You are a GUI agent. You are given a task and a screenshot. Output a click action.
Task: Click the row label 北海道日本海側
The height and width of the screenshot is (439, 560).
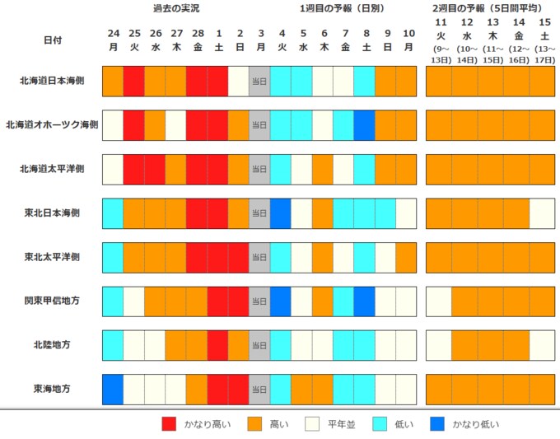[x=52, y=81]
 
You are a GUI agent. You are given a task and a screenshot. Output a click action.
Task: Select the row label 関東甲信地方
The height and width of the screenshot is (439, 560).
[x=52, y=301]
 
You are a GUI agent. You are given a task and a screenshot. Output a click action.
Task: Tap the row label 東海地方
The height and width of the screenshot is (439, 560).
[x=52, y=389]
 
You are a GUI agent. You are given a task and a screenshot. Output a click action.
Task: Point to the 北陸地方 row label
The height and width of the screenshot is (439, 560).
[x=52, y=345]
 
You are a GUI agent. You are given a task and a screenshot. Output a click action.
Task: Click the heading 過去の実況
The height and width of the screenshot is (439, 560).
[x=176, y=8]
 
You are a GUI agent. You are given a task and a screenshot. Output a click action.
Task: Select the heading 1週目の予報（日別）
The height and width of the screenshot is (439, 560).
[x=342, y=8]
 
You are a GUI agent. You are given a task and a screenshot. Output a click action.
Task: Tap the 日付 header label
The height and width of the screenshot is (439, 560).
[x=53, y=40]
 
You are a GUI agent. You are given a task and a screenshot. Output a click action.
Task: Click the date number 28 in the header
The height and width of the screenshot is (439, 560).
[x=198, y=33]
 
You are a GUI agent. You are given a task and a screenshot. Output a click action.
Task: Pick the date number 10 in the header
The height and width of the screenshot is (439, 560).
[x=408, y=33]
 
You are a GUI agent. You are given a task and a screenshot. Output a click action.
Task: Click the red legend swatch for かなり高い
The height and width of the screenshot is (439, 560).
[x=169, y=424]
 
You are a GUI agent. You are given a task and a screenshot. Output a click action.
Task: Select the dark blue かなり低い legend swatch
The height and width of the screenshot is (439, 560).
[x=437, y=424]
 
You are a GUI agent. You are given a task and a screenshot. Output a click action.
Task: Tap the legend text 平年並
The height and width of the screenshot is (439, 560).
[x=342, y=424]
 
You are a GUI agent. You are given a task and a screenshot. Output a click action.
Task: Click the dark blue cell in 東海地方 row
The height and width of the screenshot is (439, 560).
[x=113, y=390]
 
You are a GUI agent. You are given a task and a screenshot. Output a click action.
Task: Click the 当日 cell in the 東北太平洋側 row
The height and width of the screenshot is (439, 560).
[x=259, y=258]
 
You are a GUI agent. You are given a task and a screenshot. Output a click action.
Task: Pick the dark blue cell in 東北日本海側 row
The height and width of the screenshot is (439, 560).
[x=280, y=213]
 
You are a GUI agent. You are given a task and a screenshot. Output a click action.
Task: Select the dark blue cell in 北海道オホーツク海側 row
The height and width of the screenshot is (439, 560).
[x=364, y=125]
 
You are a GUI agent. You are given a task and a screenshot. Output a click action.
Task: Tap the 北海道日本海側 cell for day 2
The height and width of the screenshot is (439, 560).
[x=238, y=81]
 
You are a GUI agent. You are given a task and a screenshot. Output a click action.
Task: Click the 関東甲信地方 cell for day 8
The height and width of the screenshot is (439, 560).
[x=364, y=301]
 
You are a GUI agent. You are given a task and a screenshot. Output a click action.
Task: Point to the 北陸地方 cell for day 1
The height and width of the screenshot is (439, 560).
[x=217, y=345]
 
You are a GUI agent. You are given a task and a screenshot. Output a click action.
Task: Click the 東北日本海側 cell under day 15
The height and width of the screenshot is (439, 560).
[x=542, y=213]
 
